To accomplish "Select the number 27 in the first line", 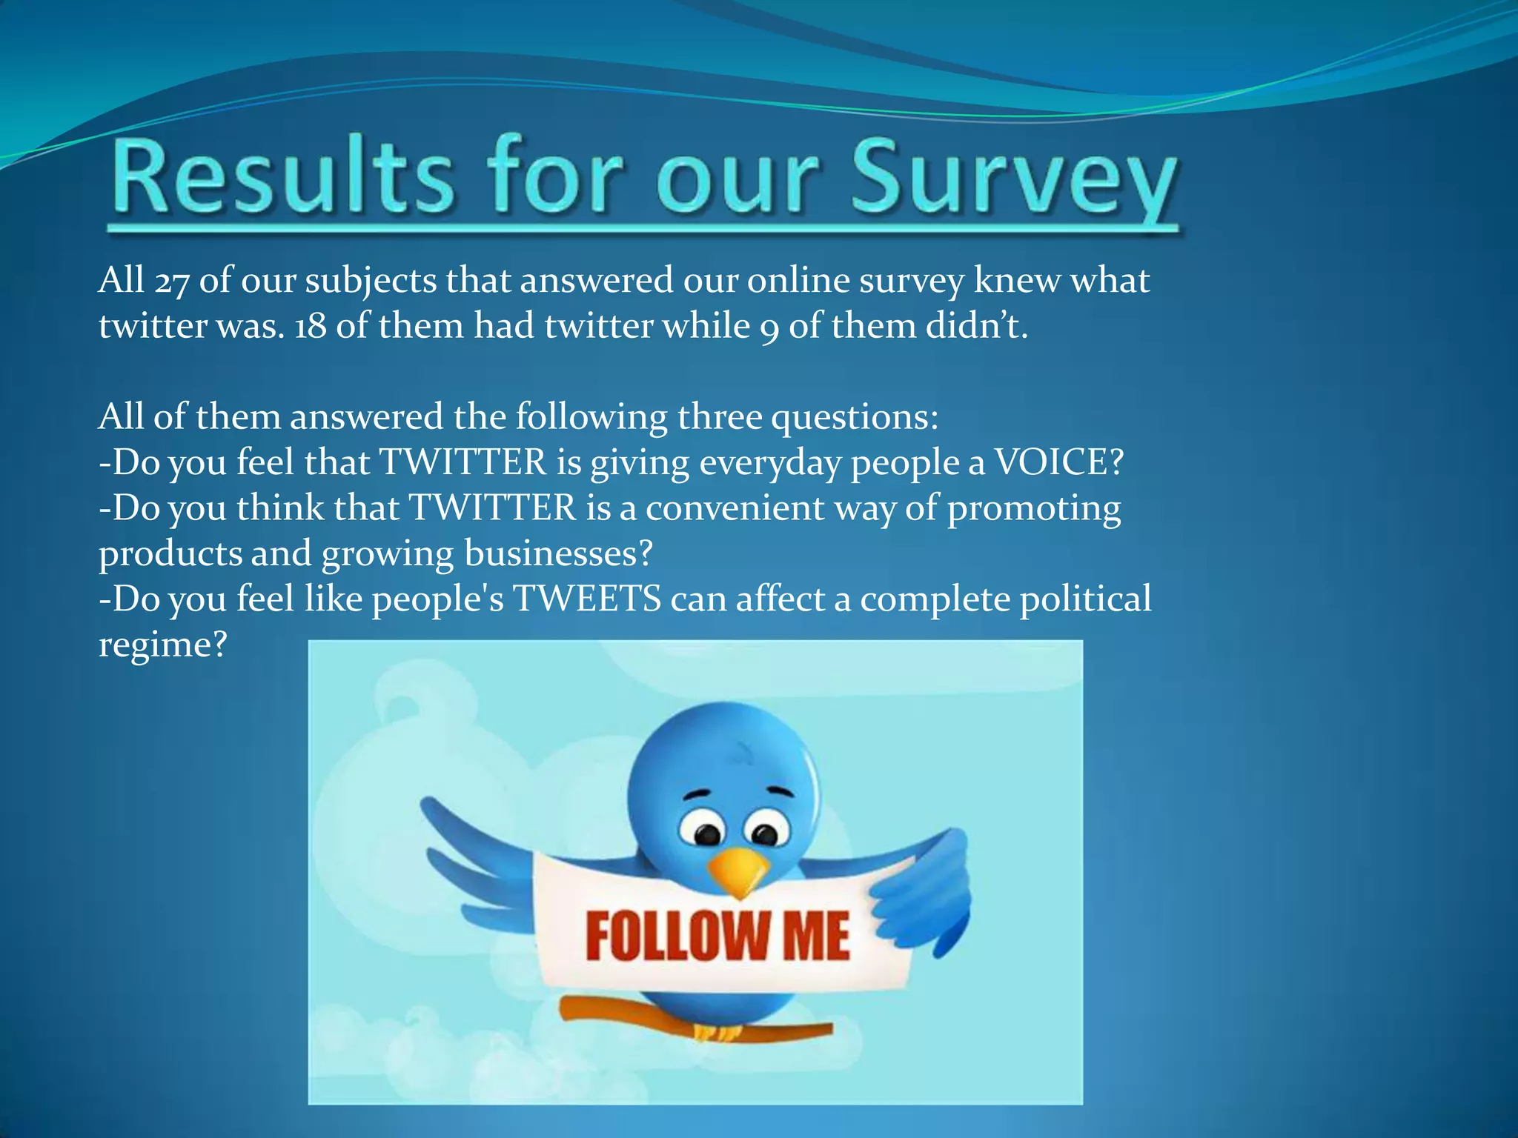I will (171, 282).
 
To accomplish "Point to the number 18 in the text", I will (310, 326).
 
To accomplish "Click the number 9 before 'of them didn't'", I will (769, 327).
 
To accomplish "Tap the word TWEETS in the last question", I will (586, 599).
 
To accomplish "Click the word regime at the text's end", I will (162, 645).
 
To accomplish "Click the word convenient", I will (735, 508).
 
